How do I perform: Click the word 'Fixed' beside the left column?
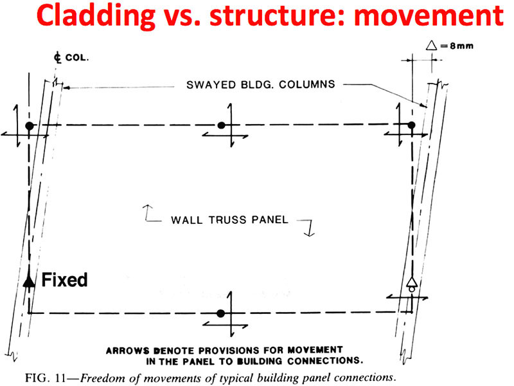tap(64, 280)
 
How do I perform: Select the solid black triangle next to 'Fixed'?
tap(28, 280)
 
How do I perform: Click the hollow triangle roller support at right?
tap(412, 284)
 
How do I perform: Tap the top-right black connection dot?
tap(412, 125)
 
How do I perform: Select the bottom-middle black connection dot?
tap(221, 313)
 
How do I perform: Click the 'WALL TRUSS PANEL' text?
tap(229, 219)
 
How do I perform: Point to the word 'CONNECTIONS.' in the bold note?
tap(321, 360)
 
